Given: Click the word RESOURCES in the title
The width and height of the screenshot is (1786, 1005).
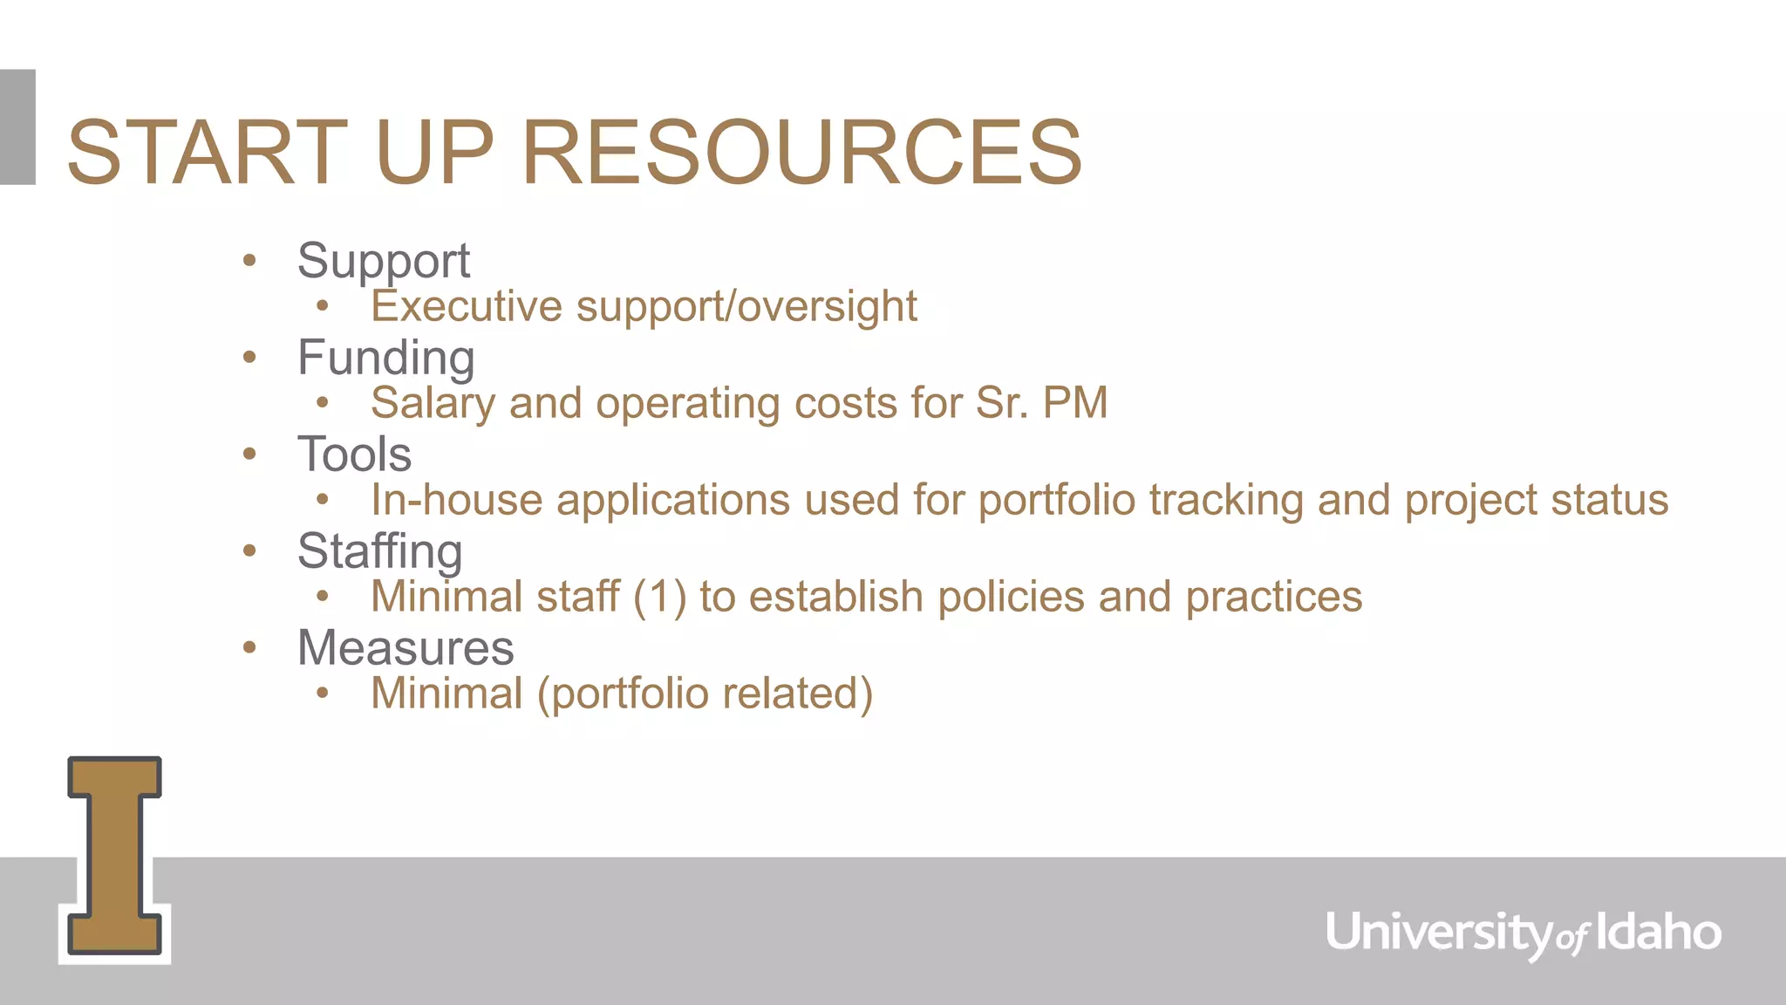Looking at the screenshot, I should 801,153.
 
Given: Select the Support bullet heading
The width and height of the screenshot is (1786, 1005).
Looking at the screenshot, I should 384,261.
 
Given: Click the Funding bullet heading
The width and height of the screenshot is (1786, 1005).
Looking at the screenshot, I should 386,358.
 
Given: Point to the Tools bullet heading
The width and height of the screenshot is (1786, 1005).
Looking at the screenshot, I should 354,454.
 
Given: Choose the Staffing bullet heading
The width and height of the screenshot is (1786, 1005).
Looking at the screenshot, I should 380,551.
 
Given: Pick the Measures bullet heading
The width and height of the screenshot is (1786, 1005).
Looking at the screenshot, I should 406,648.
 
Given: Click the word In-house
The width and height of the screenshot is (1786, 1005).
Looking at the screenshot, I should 457,500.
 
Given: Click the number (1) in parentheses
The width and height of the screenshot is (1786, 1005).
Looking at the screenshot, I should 660,598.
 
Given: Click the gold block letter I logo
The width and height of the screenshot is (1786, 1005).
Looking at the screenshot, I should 114,856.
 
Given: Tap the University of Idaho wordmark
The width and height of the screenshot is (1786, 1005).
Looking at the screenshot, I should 1524,933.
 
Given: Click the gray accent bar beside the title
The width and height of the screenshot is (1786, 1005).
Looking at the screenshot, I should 17,126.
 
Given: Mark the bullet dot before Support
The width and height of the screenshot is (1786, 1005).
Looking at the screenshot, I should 250,260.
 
